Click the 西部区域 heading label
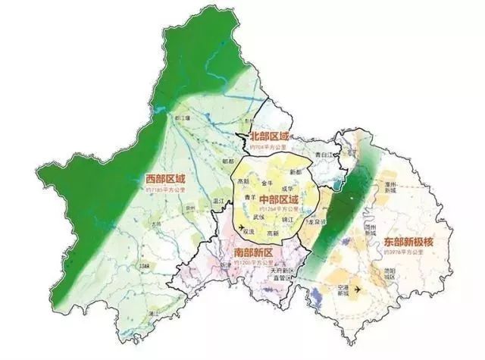click(164, 179)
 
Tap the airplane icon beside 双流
click(240, 228)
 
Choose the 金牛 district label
click(266, 183)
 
